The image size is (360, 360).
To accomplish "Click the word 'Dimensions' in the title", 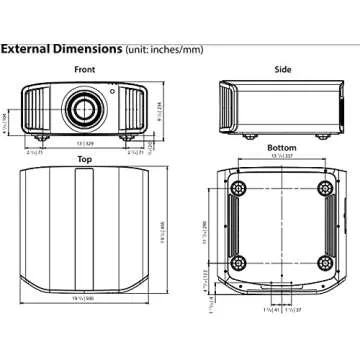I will (x=88, y=47).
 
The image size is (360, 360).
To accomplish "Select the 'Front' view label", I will (x=85, y=69).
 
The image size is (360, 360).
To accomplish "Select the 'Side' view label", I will (x=282, y=69).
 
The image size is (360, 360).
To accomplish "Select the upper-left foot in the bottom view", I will (x=239, y=188).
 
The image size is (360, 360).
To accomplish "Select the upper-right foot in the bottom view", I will (x=324, y=188).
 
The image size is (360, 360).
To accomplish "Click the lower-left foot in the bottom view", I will (x=239, y=262).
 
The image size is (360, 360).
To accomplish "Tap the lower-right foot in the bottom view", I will (x=324, y=262).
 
